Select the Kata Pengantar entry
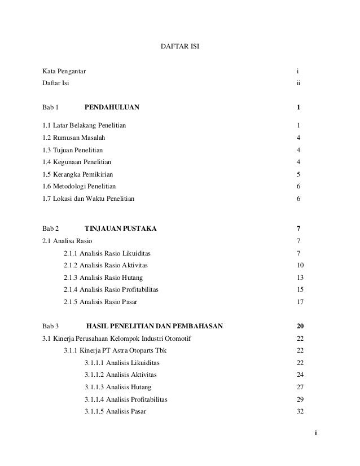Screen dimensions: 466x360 (65, 72)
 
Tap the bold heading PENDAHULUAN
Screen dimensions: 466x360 (112, 107)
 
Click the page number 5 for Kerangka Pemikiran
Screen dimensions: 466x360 (298, 174)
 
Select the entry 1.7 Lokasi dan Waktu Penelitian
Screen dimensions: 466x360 (89, 199)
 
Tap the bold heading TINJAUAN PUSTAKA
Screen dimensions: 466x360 (121, 229)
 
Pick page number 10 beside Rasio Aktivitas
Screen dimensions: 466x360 (300, 265)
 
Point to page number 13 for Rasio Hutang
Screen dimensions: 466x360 (300, 278)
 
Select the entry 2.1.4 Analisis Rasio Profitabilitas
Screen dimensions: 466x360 (111, 289)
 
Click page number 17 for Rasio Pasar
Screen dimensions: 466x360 (300, 302)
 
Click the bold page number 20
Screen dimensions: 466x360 (300, 326)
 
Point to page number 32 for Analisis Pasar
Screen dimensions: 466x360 (300, 411)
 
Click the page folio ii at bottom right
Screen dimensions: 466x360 (317, 433)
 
